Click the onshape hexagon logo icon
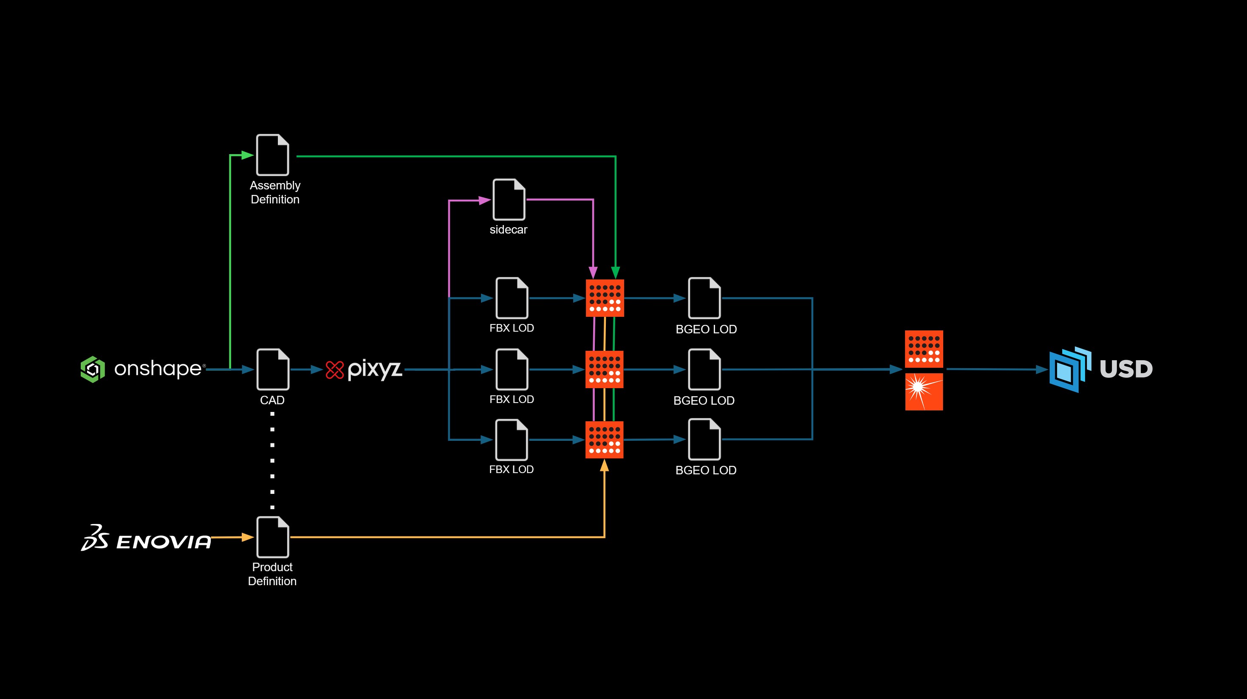[93, 369]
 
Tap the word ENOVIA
[164, 542]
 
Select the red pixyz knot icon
[334, 370]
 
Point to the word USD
[1126, 369]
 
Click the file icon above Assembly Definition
[272, 155]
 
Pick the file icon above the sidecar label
[509, 199]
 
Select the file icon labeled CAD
[272, 369]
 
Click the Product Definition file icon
[272, 537]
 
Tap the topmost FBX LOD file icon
[512, 298]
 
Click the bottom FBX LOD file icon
[512, 440]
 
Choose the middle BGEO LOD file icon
[704, 369]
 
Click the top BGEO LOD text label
[706, 330]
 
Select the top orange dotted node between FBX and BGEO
[605, 298]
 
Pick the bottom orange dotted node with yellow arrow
[604, 440]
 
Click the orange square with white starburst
[924, 392]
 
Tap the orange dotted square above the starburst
[924, 349]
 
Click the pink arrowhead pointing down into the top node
[593, 272]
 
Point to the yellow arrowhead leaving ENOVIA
[247, 537]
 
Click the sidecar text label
[508, 230]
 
